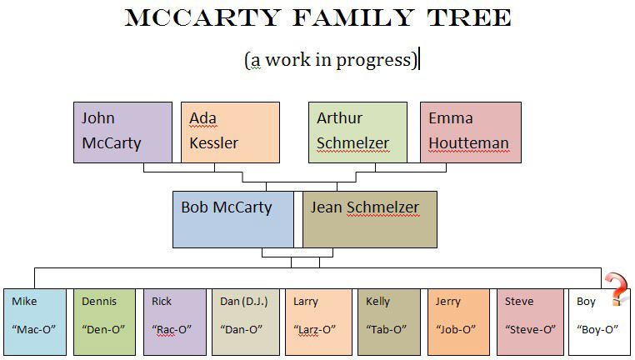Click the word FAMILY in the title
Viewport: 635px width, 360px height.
tap(353, 17)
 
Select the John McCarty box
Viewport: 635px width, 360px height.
tap(122, 132)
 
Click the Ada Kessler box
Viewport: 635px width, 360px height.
tap(231, 132)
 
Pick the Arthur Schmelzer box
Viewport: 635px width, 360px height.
tap(358, 132)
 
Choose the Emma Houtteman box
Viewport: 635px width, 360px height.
tap(471, 132)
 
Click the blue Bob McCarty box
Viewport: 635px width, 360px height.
tap(233, 219)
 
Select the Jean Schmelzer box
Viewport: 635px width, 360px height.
tap(370, 219)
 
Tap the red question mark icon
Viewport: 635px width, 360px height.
tap(617, 289)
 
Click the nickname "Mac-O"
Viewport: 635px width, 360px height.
tap(33, 329)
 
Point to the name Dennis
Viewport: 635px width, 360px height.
tap(99, 302)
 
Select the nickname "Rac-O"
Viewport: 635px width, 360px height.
tap(172, 329)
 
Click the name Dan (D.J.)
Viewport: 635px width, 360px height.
tap(244, 302)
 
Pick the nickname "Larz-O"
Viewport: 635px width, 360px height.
tap(315, 329)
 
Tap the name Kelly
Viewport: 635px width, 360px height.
tap(377, 302)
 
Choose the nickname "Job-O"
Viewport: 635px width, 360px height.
tap(456, 329)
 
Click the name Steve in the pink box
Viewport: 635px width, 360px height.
tap(519, 302)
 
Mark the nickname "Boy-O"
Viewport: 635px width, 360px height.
tap(597, 329)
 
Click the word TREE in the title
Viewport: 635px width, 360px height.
tap(469, 17)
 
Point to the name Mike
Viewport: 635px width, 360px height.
tap(24, 302)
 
